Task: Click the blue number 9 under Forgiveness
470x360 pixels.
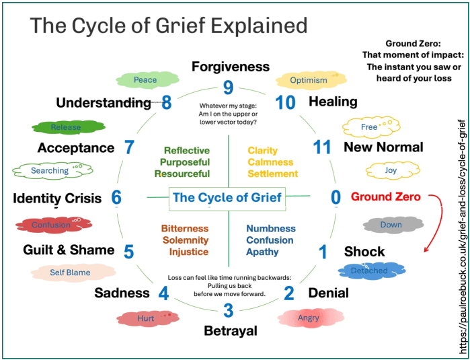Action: click(228, 88)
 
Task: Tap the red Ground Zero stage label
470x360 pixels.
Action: click(385, 197)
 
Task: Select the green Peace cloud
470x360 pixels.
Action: click(145, 80)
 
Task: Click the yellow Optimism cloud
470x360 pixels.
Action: click(309, 81)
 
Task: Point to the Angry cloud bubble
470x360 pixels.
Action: click(307, 318)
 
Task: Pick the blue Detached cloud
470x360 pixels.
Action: click(369, 271)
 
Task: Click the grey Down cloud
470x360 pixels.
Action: click(391, 225)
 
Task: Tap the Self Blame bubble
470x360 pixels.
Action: click(70, 273)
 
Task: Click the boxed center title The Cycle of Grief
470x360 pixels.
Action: click(227, 198)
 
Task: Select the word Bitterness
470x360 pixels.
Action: click(185, 229)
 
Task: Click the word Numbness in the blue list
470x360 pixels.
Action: click(270, 229)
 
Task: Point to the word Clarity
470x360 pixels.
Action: click(262, 151)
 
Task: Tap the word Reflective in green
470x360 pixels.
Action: click(186, 151)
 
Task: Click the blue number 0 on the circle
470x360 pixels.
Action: click(336, 197)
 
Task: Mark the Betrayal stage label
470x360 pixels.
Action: click(230, 332)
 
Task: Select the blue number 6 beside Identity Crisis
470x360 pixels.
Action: click(116, 198)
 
